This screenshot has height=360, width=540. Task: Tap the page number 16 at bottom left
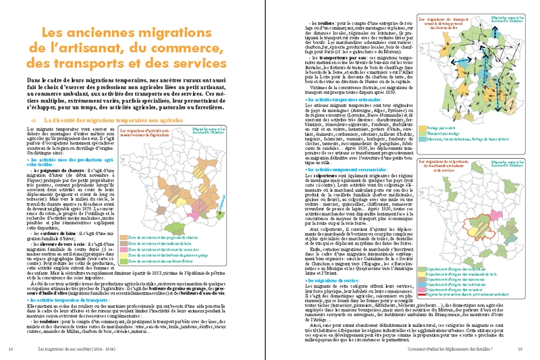pyautogui.click(x=10, y=349)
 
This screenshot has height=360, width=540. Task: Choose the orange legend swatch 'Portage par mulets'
pyautogui.click(x=422, y=127)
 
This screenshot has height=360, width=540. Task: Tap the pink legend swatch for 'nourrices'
pyautogui.click(x=422, y=290)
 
